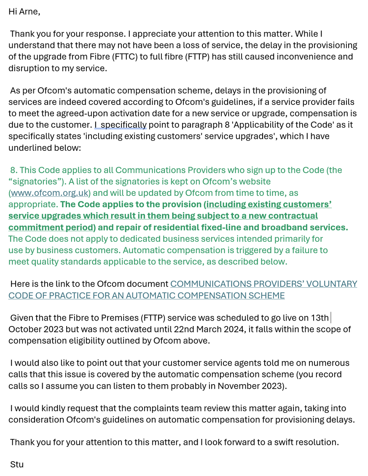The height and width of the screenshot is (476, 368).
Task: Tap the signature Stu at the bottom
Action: click(x=17, y=465)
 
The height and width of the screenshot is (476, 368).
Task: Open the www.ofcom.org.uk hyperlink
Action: click(x=50, y=193)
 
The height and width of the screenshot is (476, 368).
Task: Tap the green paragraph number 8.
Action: click(x=13, y=170)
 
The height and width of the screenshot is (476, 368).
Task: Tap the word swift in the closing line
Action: click(x=275, y=442)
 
